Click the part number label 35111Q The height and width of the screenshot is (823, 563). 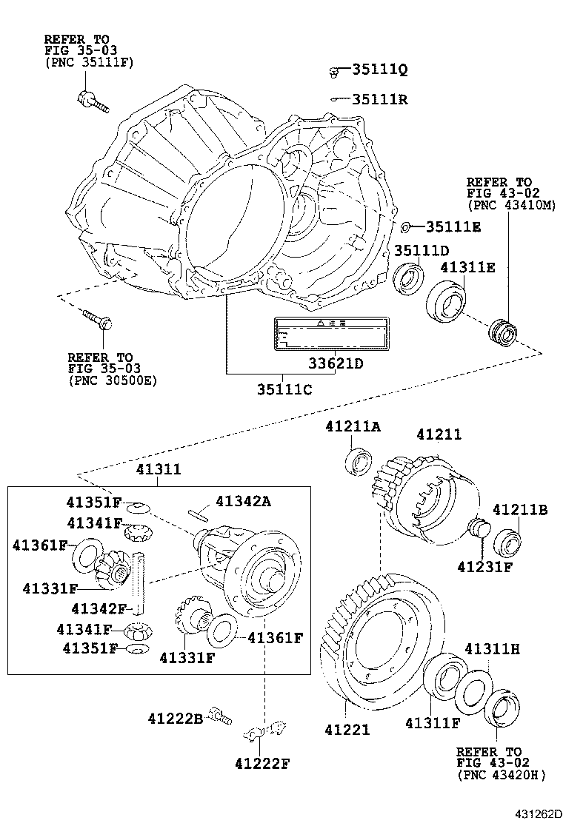[379, 70]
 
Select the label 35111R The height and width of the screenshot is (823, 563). [379, 100]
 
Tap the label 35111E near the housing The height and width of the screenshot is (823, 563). [453, 227]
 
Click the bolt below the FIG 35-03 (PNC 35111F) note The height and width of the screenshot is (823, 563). [92, 101]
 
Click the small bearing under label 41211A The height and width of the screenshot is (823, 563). [359, 461]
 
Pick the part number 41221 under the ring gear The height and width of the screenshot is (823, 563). [347, 730]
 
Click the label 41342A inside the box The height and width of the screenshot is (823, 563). [243, 502]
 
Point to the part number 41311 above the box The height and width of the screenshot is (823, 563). [159, 470]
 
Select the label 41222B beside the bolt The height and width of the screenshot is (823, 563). [174, 718]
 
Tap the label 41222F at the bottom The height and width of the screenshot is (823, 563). [261, 763]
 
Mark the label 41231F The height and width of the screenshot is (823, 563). [484, 567]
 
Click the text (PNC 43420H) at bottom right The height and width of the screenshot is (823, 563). [501, 775]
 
